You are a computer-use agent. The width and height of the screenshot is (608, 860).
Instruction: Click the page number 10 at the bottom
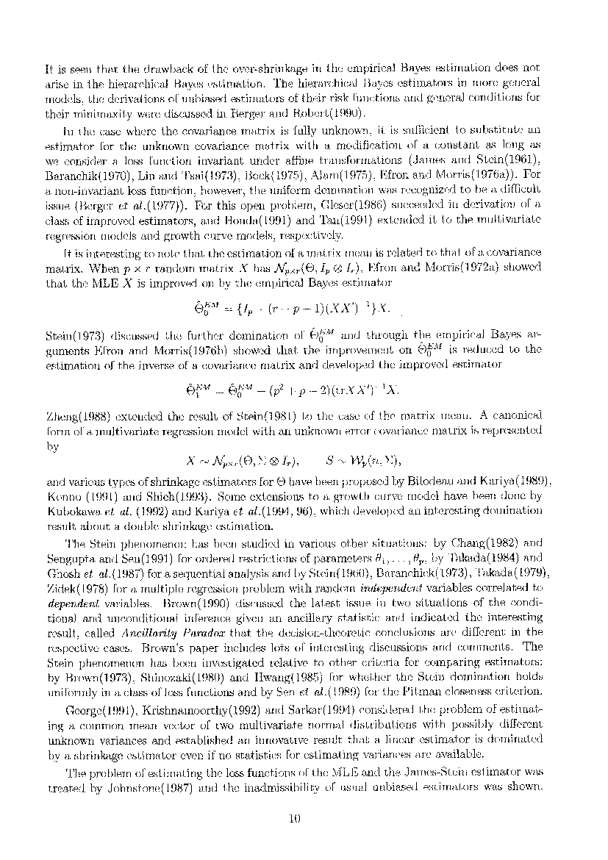pyautogui.click(x=296, y=821)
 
